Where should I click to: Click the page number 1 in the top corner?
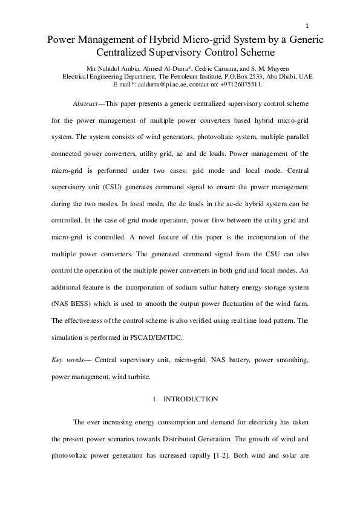coord(307,25)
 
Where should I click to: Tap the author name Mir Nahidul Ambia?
coord(105,68)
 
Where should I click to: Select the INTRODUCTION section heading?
coord(190,400)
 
